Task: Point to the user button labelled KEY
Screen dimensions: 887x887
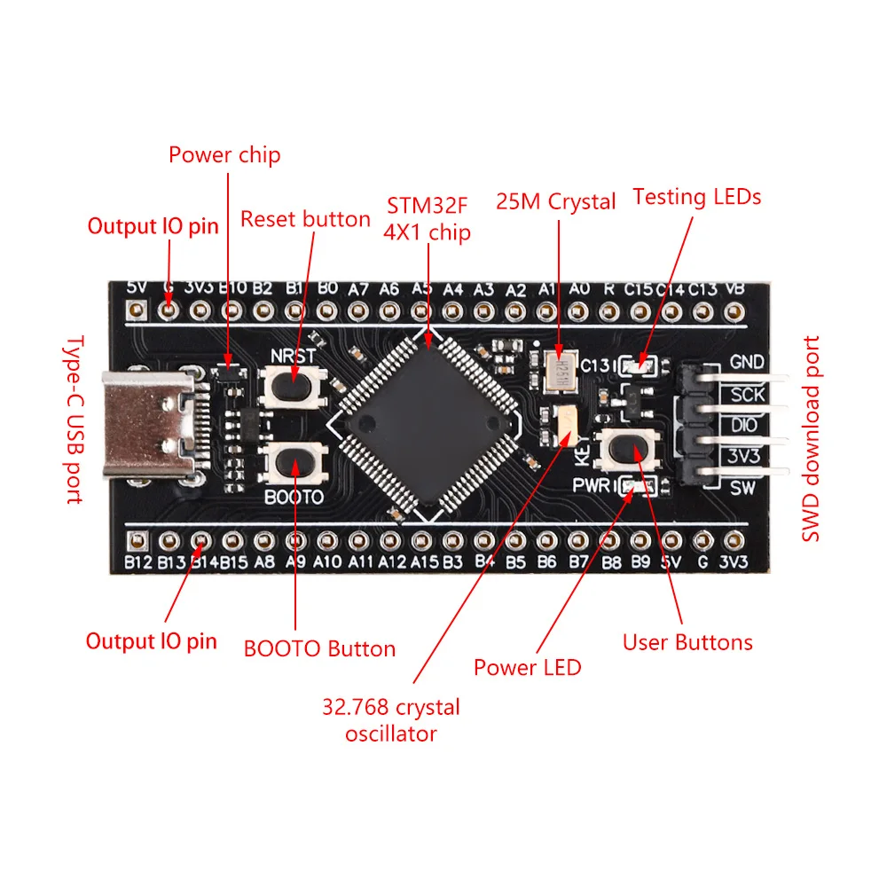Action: pyautogui.click(x=631, y=449)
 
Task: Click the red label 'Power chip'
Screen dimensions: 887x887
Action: pyautogui.click(x=224, y=155)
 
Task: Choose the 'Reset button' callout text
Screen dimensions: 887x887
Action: pyautogui.click(x=305, y=219)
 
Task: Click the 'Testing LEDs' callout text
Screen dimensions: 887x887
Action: pyautogui.click(x=696, y=197)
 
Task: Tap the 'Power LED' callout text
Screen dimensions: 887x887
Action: pyautogui.click(x=527, y=667)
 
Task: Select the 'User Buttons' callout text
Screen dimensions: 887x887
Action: pyautogui.click(x=687, y=642)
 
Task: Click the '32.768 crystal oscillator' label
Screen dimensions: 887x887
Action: pyautogui.click(x=391, y=720)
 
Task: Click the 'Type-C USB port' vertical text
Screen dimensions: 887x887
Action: pyautogui.click(x=75, y=420)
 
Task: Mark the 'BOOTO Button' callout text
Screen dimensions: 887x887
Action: pyautogui.click(x=319, y=648)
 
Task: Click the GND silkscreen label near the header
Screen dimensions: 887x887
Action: pyautogui.click(x=747, y=362)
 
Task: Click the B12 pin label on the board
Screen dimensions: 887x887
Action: pyautogui.click(x=138, y=562)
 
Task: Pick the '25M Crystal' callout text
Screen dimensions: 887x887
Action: pyautogui.click(x=556, y=201)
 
